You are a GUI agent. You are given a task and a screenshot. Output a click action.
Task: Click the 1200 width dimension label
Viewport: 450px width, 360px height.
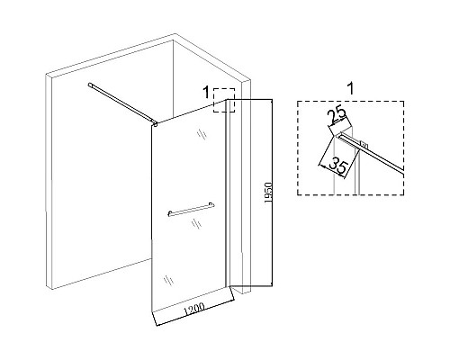click(194, 309)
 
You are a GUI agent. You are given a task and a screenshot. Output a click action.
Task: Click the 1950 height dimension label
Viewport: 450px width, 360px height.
click(268, 193)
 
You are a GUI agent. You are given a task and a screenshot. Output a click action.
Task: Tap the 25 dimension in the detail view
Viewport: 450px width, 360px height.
click(337, 116)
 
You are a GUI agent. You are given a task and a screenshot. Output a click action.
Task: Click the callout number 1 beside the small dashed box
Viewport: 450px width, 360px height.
click(206, 92)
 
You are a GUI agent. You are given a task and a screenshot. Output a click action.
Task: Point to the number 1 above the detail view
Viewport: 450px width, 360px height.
click(350, 88)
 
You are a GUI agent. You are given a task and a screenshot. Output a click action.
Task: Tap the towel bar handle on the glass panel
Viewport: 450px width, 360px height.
click(191, 209)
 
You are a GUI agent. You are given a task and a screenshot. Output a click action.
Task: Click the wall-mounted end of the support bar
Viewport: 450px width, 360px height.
click(90, 85)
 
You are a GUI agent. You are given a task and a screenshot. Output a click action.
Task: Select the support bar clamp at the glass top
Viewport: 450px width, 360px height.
click(155, 123)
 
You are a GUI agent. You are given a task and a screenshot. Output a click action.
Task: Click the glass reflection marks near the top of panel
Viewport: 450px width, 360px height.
click(202, 134)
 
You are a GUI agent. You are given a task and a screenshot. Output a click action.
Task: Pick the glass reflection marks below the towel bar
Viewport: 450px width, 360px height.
click(196, 223)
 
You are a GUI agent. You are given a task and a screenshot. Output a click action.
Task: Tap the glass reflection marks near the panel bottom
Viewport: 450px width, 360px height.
click(168, 280)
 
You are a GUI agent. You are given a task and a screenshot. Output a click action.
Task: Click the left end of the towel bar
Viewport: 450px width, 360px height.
click(170, 213)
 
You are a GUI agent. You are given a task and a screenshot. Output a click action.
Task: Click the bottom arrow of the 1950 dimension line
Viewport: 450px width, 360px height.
click(272, 283)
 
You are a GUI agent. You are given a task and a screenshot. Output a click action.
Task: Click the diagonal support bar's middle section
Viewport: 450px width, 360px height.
click(122, 103)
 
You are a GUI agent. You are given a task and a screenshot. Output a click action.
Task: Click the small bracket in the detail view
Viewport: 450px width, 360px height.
click(364, 145)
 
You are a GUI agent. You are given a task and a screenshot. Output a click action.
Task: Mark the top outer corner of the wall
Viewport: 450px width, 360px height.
click(175, 34)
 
